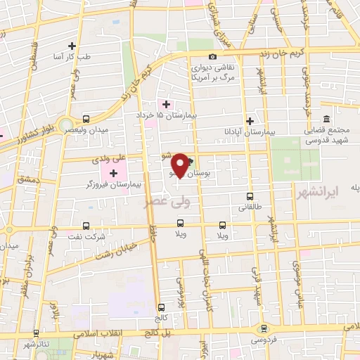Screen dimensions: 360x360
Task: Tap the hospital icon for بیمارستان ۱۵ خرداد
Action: [166, 104]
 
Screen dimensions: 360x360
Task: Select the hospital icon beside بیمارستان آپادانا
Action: [250, 121]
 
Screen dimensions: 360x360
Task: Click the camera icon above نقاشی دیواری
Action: [212, 57]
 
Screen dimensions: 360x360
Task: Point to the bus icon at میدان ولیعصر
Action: [86, 119]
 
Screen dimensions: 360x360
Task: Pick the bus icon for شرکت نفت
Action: [86, 226]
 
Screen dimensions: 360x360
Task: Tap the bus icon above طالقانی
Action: [249, 197]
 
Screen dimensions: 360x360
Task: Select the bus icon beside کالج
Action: [162, 307]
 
